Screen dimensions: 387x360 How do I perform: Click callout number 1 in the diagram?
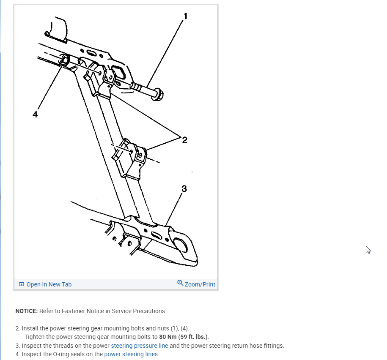(185, 16)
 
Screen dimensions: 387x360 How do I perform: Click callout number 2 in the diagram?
(184, 140)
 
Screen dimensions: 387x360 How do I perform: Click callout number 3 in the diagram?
(184, 189)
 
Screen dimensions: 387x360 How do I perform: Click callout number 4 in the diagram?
(35, 115)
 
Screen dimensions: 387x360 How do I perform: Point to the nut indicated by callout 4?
(63, 60)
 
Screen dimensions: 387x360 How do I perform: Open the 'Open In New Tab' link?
(49, 284)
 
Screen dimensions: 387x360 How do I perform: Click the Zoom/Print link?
(200, 284)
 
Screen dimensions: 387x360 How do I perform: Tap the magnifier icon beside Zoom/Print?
(180, 283)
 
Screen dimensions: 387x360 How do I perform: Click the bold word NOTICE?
(27, 311)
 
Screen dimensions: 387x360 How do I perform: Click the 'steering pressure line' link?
(139, 346)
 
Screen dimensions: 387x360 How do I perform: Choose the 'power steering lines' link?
(131, 354)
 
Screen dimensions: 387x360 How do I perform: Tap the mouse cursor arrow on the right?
(368, 250)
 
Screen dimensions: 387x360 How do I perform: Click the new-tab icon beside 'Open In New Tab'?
(22, 284)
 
